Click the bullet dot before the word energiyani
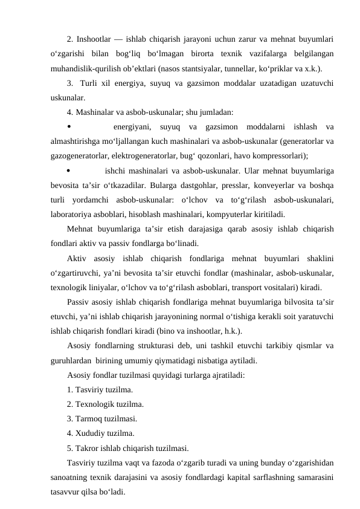click(x=69, y=126)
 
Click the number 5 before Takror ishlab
click(x=69, y=448)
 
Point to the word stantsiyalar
click(x=204, y=67)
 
